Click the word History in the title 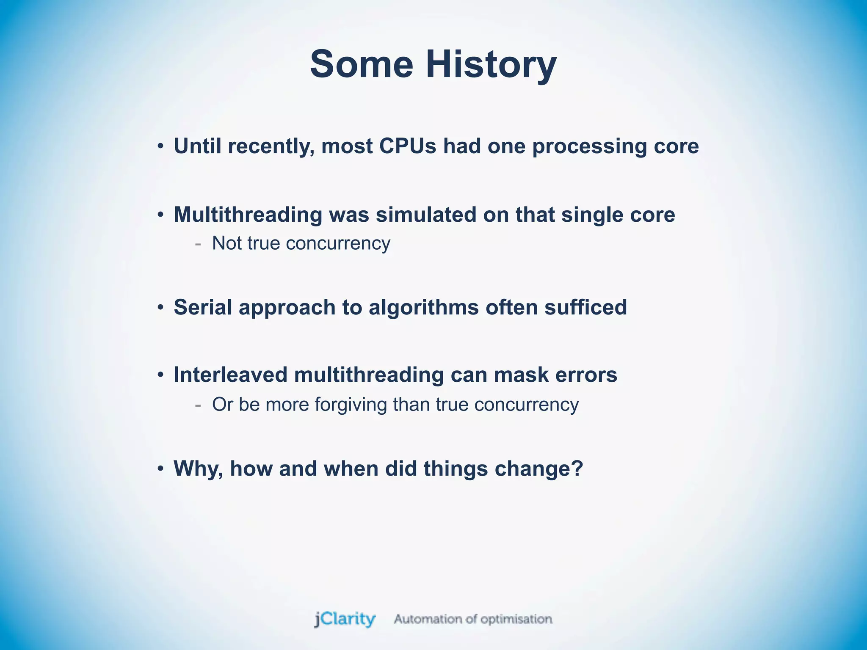click(x=491, y=64)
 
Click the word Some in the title click(x=362, y=64)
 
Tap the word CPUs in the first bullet click(x=407, y=146)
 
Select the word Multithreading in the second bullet click(x=248, y=215)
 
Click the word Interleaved click(x=230, y=375)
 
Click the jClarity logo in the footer click(x=345, y=619)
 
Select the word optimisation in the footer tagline click(x=516, y=620)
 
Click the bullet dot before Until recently click(x=160, y=147)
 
